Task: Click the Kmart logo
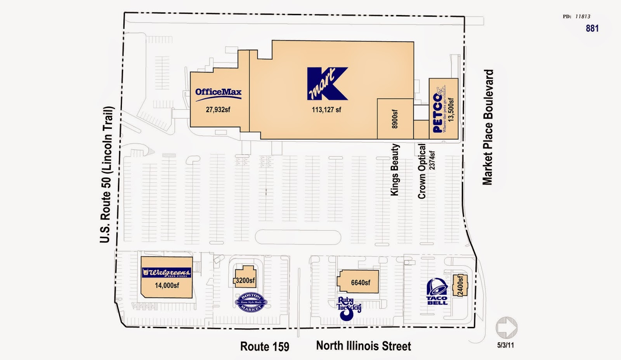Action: point(327,84)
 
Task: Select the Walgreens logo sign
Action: point(167,273)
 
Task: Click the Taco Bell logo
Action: point(437,292)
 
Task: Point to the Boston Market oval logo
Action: point(252,302)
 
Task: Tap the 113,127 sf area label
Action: point(326,110)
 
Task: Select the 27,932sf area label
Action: point(218,110)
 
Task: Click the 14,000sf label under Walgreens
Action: point(167,286)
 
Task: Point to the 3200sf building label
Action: point(245,280)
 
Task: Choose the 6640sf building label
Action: point(361,282)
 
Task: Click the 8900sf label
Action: point(395,119)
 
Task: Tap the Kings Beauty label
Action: point(395,170)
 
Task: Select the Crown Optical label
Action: point(422,171)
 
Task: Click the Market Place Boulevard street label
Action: point(487,127)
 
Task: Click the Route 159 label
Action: point(265,346)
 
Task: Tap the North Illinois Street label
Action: point(363,346)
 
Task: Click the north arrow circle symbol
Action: point(506,328)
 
